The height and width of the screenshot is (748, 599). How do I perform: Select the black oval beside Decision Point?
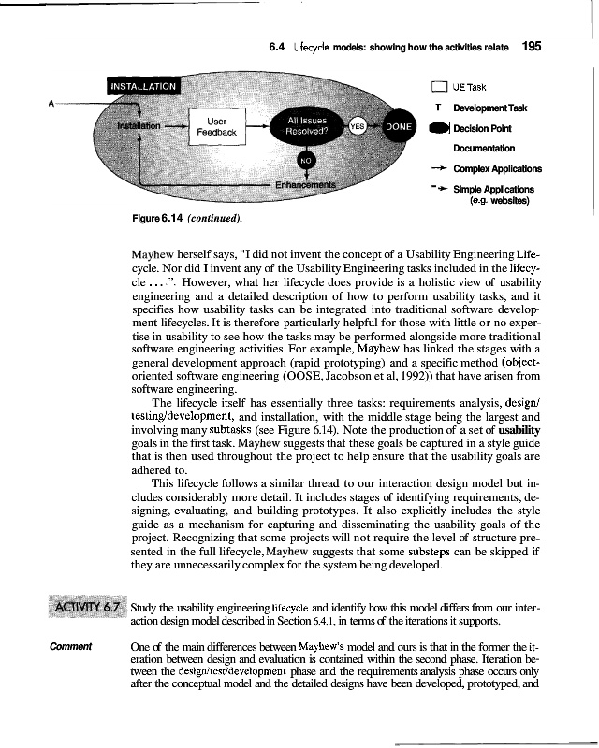[x=440, y=128]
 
